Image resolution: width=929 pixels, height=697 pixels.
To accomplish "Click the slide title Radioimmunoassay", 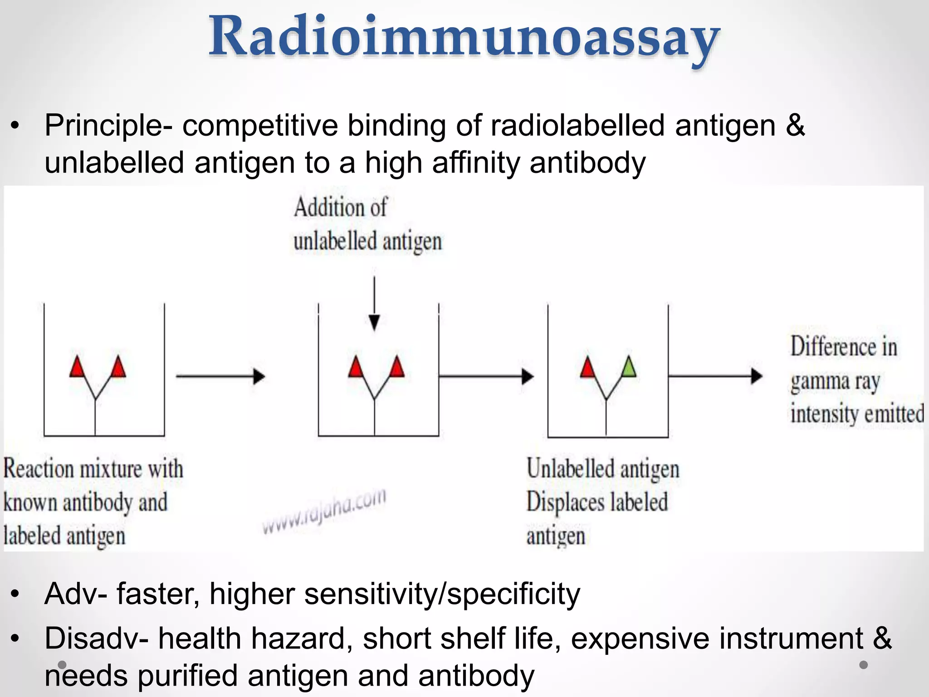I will coord(464,37).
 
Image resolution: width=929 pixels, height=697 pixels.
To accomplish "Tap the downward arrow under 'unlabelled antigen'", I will coord(374,304).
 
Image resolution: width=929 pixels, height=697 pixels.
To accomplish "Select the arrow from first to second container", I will coord(220,376).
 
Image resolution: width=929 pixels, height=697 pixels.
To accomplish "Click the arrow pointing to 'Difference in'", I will coord(715,376).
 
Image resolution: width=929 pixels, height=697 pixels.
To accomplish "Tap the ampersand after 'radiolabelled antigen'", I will coord(795,126).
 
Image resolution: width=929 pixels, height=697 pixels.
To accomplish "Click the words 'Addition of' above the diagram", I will coord(340,208).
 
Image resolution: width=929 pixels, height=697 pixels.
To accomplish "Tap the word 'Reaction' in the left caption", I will coord(38,469).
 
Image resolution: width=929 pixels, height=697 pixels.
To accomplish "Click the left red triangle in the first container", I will coord(77,368).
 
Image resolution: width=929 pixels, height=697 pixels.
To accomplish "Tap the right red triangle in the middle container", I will coord(397,368).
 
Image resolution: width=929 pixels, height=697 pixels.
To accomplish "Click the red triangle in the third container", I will coord(588,368).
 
